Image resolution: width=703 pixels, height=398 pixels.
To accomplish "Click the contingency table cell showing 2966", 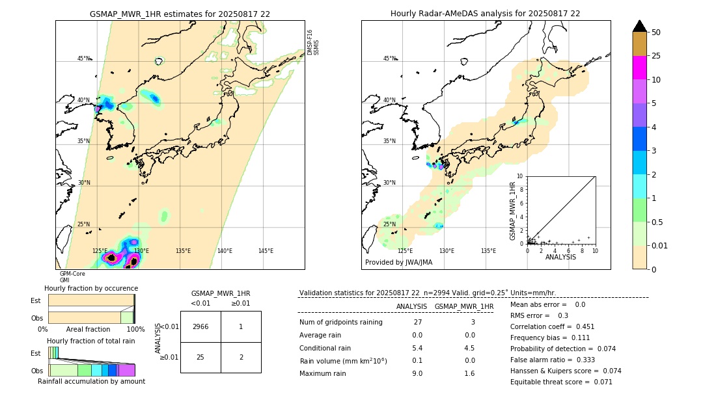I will tap(200, 326).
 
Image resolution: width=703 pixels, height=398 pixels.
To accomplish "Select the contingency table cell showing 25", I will tap(200, 357).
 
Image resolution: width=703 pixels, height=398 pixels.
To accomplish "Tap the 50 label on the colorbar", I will tap(656, 33).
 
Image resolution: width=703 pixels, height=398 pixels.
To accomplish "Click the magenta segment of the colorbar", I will tap(640, 68).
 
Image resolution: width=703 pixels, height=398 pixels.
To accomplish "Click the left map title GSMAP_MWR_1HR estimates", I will tap(180, 14).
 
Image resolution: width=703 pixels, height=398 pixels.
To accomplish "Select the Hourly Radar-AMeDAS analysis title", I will tap(485, 14).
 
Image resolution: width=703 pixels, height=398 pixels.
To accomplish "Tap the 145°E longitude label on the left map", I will tap(266, 251).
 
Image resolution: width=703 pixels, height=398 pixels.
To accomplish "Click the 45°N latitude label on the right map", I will tap(389, 59).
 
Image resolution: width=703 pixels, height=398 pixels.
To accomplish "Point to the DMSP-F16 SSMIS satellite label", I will tap(313, 42).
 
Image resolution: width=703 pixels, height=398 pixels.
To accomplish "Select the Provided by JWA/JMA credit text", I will tap(398, 263).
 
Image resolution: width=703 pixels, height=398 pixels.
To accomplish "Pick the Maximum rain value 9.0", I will tap(417, 373).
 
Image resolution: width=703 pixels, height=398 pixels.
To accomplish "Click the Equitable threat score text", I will tap(561, 382).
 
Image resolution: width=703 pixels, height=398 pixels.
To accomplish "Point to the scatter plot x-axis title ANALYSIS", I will tap(560, 257).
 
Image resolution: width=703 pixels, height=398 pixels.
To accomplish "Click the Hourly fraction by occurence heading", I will tap(91, 288).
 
